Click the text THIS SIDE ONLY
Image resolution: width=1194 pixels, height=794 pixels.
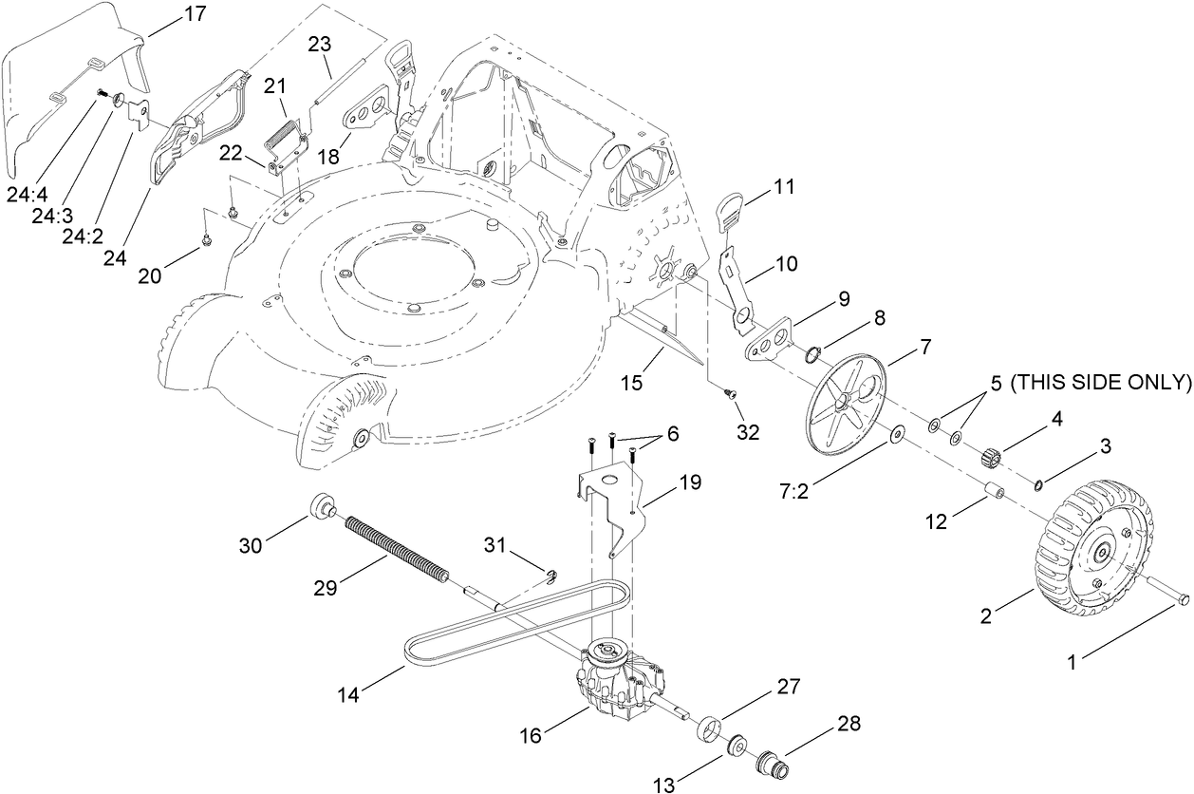click(x=1100, y=383)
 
